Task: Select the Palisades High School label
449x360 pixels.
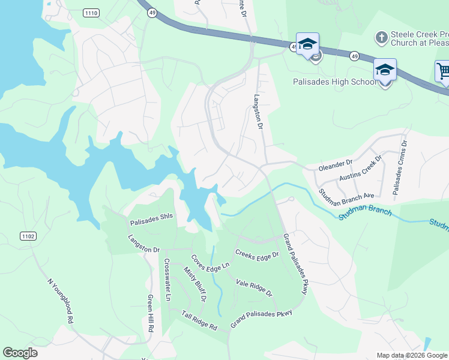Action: tap(335, 82)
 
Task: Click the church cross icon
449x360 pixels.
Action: tap(381, 38)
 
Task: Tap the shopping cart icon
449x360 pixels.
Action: tap(443, 71)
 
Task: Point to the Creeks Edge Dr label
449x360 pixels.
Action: tap(257, 254)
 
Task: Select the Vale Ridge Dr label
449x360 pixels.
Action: tap(254, 287)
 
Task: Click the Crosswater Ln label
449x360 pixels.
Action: tap(167, 280)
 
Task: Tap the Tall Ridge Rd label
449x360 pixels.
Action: tap(199, 320)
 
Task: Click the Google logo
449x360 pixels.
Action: tap(20, 352)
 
